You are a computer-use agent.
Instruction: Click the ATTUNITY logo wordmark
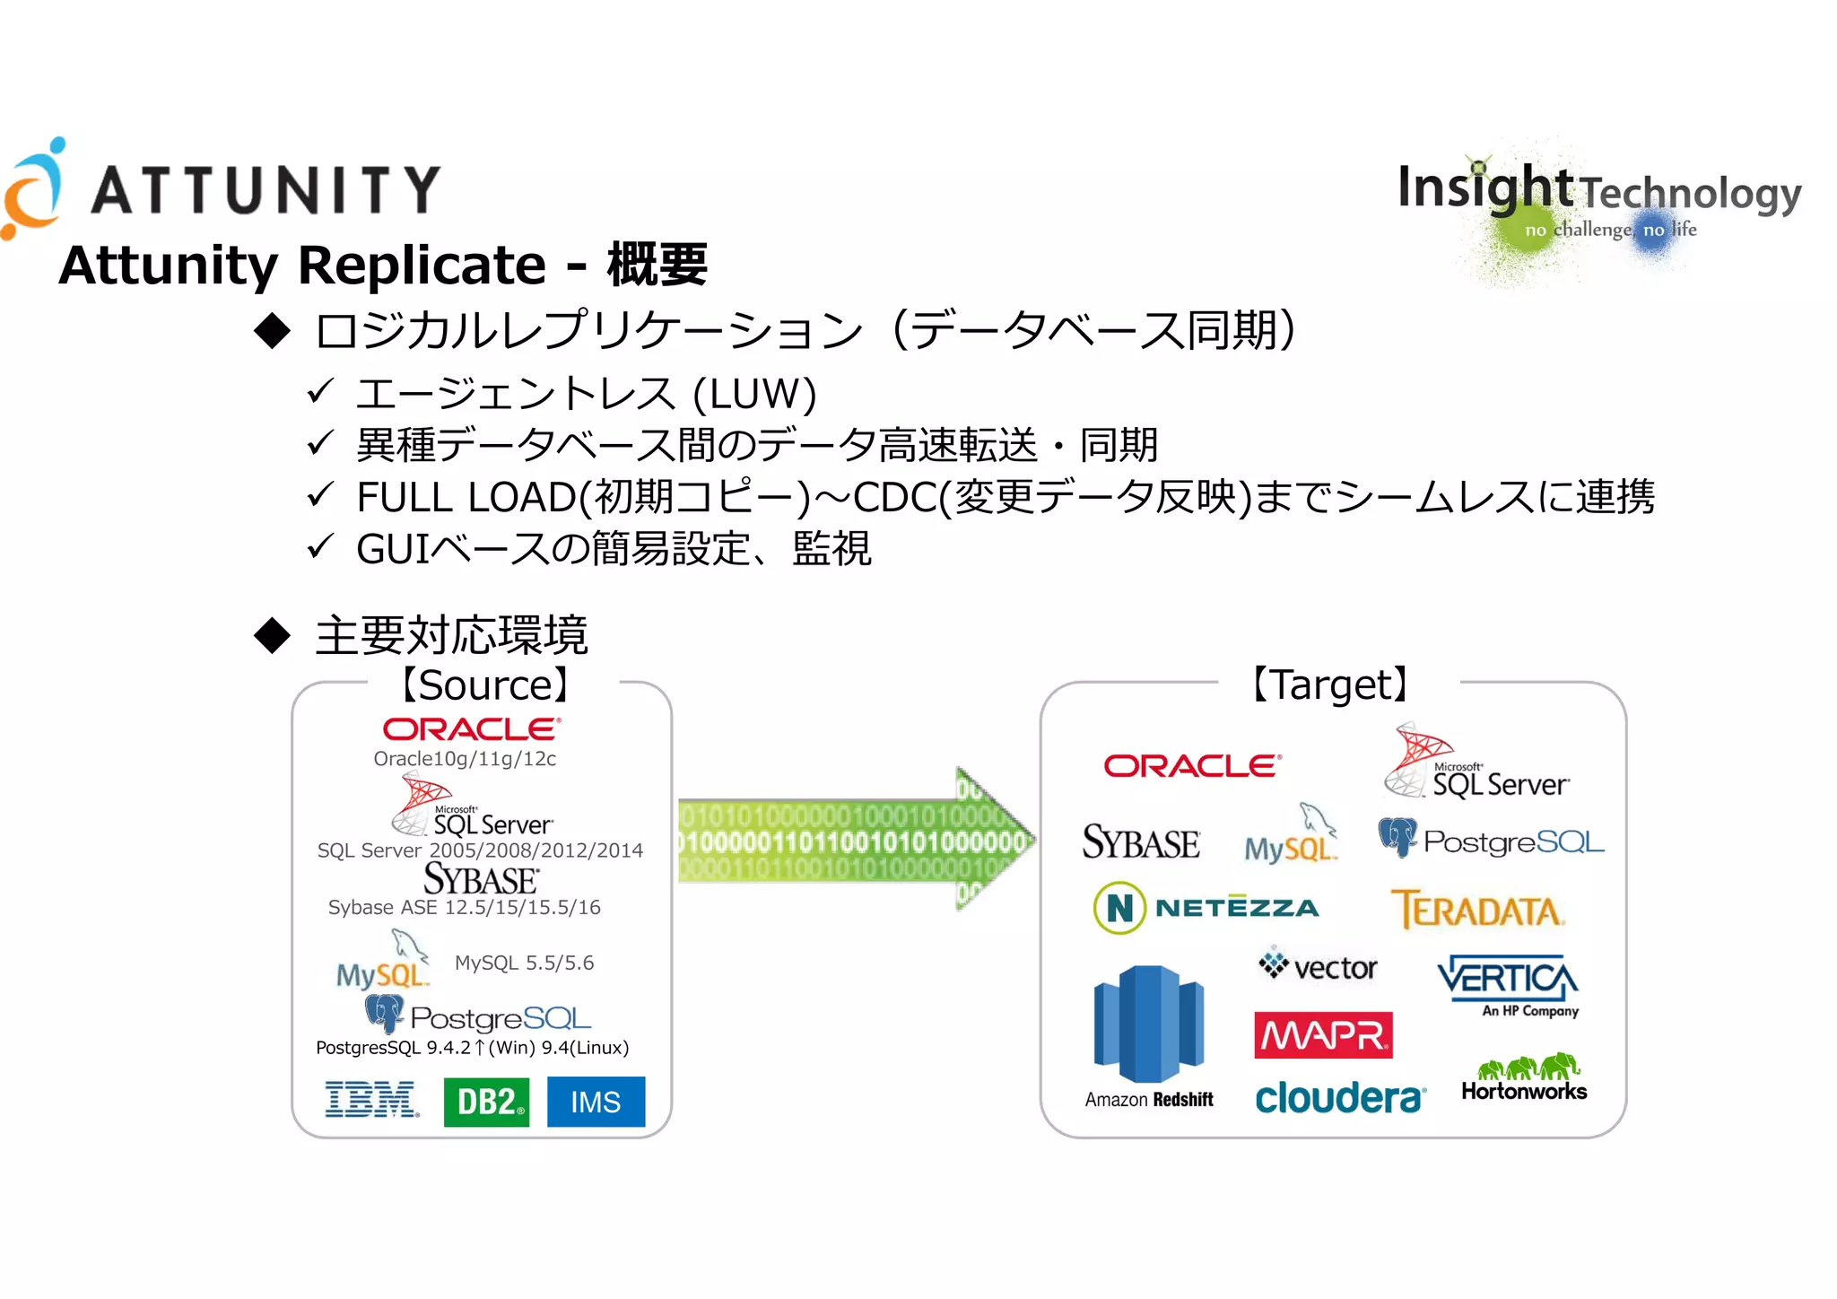point(266,189)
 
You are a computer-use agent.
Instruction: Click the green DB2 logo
point(486,1101)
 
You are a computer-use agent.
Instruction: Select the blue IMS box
point(596,1101)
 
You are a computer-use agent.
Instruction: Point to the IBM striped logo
point(371,1100)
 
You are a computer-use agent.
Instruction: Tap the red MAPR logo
point(1323,1035)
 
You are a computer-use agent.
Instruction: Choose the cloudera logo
point(1340,1097)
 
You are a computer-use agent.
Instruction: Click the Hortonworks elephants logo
point(1525,1077)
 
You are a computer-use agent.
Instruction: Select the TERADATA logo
point(1477,910)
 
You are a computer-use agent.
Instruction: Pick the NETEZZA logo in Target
point(1206,908)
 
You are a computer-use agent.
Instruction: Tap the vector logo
point(1318,965)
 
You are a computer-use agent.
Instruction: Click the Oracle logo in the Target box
point(1192,765)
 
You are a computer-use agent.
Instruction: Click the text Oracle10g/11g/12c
point(465,759)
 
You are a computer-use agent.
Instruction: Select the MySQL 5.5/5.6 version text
point(524,963)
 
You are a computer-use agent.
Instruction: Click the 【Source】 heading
point(484,684)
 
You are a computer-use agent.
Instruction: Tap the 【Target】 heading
point(1331,684)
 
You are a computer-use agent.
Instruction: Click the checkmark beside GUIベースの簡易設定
point(319,545)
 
